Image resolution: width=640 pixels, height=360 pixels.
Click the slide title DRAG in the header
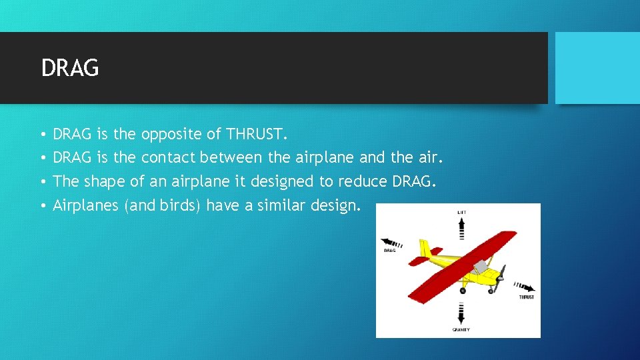(x=70, y=68)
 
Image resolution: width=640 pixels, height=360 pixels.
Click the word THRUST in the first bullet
(x=256, y=134)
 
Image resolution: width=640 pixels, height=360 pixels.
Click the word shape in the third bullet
(x=105, y=182)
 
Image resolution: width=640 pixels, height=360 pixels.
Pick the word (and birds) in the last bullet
(x=163, y=205)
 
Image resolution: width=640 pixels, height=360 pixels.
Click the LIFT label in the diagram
(x=461, y=211)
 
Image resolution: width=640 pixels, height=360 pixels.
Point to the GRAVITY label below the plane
(x=461, y=329)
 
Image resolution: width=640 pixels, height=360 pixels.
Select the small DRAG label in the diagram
(x=390, y=251)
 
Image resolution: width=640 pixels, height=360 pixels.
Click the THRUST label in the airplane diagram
(x=526, y=297)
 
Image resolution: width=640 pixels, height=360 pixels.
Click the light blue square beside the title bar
(x=597, y=68)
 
